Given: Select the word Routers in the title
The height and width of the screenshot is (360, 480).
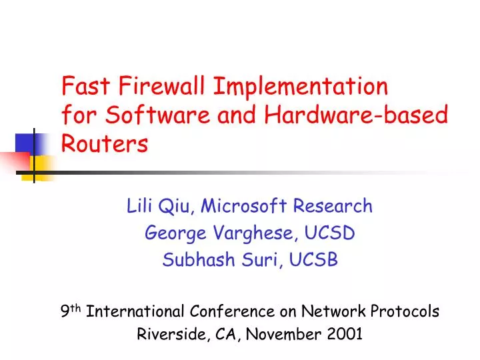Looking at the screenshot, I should tap(105, 144).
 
